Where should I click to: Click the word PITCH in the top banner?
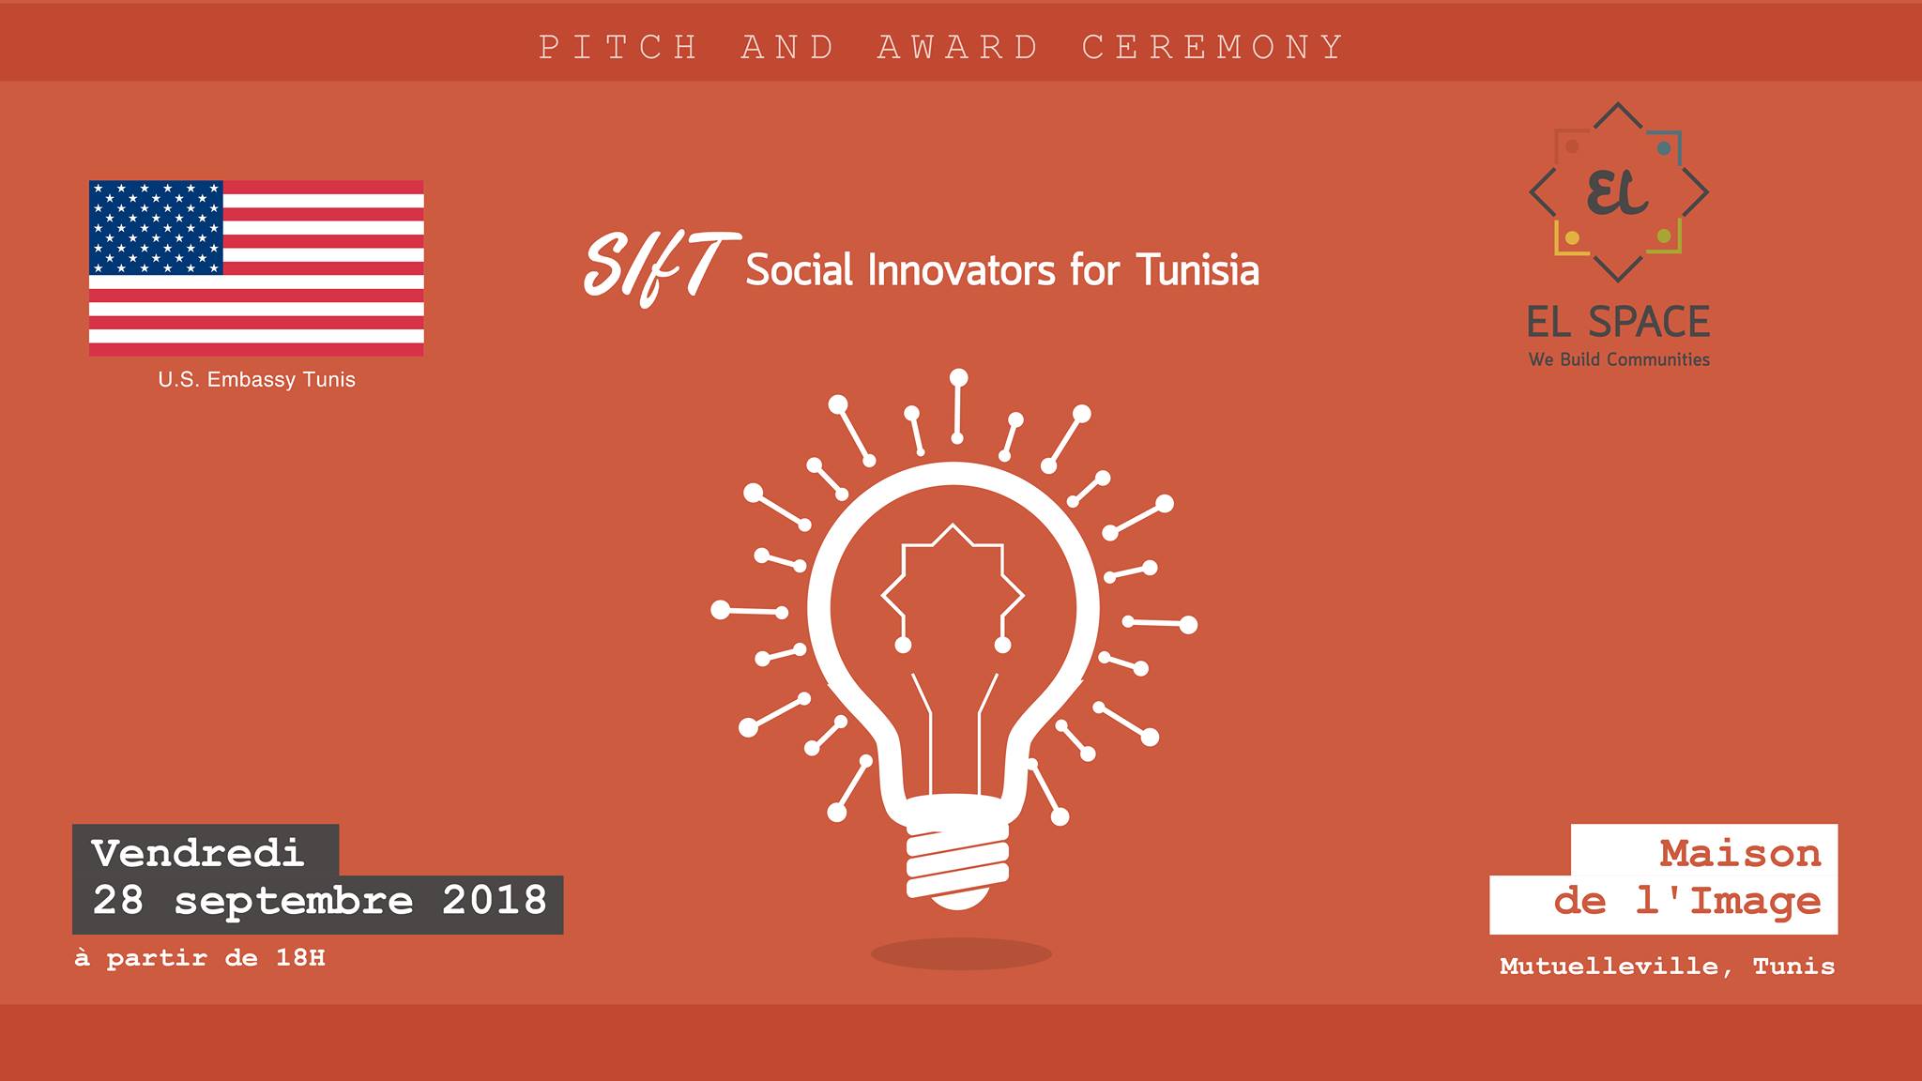pos(619,48)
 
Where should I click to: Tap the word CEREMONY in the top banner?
pos(1213,48)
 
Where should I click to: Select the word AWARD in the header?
pos(959,48)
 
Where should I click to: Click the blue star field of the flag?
pos(156,227)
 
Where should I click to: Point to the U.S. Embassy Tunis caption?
pos(256,380)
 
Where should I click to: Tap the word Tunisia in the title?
pos(1197,270)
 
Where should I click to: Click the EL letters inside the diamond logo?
pos(1617,192)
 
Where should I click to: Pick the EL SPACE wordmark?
pos(1619,322)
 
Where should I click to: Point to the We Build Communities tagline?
pos(1619,359)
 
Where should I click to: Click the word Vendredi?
pos(198,853)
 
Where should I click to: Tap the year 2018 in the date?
pos(495,901)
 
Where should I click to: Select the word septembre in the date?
pos(293,902)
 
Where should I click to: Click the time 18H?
pos(300,958)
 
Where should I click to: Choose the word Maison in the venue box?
pos(1740,854)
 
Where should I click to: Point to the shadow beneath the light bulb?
pos(961,954)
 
